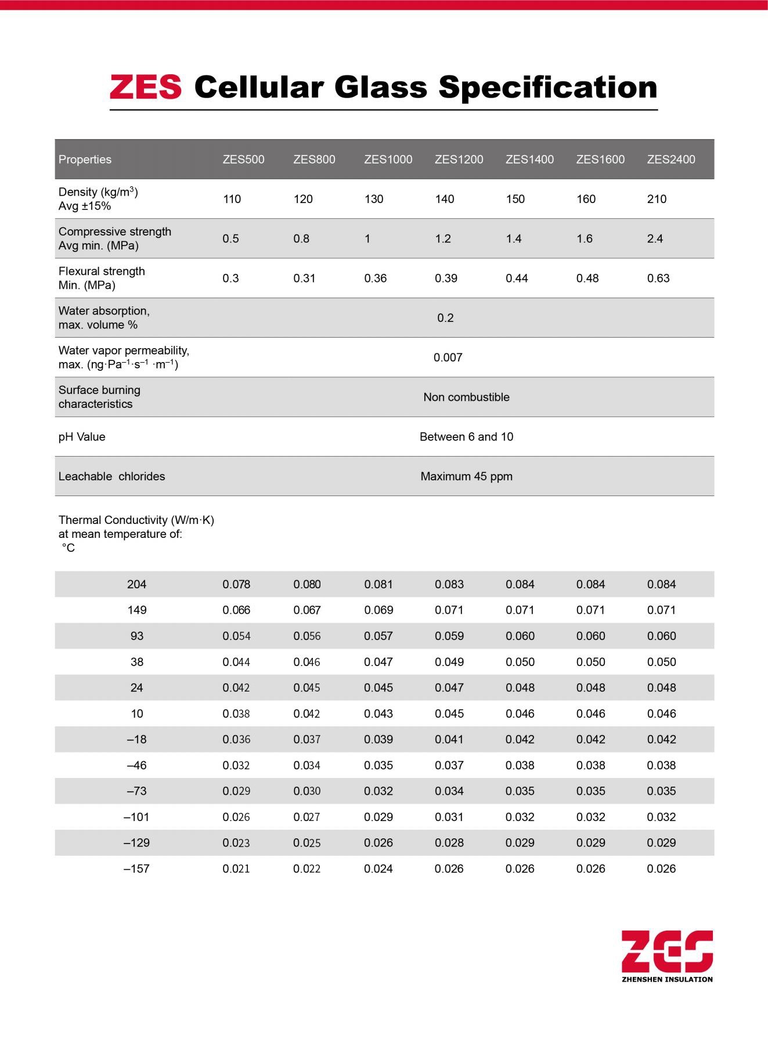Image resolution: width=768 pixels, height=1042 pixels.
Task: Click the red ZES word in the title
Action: [146, 87]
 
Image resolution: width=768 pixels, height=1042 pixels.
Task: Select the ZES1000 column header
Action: [388, 160]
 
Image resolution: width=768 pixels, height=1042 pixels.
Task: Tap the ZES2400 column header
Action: [670, 160]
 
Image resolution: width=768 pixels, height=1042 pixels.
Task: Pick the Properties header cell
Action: [85, 160]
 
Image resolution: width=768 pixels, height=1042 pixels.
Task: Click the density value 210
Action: [657, 199]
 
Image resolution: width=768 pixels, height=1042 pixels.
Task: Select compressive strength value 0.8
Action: [301, 238]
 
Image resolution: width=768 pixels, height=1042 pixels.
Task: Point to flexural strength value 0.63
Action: [658, 278]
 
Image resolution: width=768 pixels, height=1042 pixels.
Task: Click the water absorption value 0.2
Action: [445, 318]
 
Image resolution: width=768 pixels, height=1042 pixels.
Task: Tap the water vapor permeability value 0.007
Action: [448, 357]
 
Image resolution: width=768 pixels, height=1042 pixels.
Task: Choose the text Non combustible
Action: [466, 397]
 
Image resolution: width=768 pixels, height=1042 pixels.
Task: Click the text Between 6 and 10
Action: [466, 437]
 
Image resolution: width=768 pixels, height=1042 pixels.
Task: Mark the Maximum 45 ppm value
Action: [466, 476]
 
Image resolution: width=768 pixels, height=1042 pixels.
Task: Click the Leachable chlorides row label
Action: [111, 476]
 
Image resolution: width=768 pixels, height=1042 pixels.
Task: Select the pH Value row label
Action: [82, 437]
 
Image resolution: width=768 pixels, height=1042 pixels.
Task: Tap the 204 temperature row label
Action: [136, 584]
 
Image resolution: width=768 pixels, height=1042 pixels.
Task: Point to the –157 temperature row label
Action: [136, 869]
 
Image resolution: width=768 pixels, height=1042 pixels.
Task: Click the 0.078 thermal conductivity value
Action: [236, 584]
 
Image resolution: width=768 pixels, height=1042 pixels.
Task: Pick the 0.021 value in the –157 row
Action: [236, 869]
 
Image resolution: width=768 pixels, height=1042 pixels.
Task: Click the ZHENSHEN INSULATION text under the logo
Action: [666, 979]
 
